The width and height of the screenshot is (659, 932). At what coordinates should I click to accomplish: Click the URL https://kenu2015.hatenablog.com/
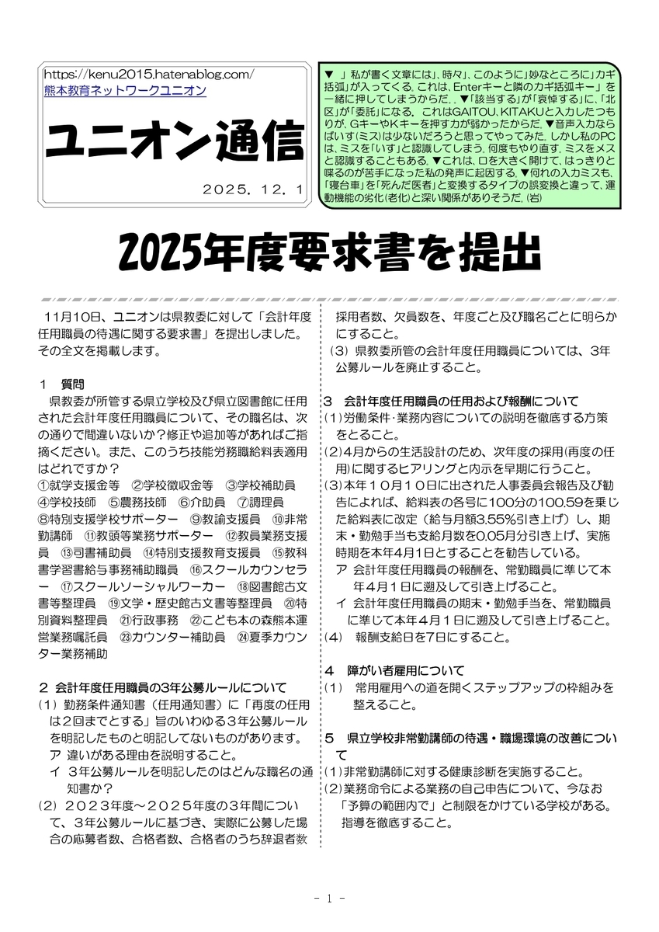pyautogui.click(x=150, y=75)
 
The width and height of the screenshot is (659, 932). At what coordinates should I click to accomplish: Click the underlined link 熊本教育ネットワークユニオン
pyautogui.click(x=125, y=91)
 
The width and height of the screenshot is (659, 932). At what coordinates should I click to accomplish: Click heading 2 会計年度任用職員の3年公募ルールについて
pyautogui.click(x=162, y=687)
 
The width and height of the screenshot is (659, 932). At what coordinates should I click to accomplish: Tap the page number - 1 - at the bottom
pyautogui.click(x=330, y=899)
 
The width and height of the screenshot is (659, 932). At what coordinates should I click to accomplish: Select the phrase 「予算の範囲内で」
pyautogui.click(x=389, y=805)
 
